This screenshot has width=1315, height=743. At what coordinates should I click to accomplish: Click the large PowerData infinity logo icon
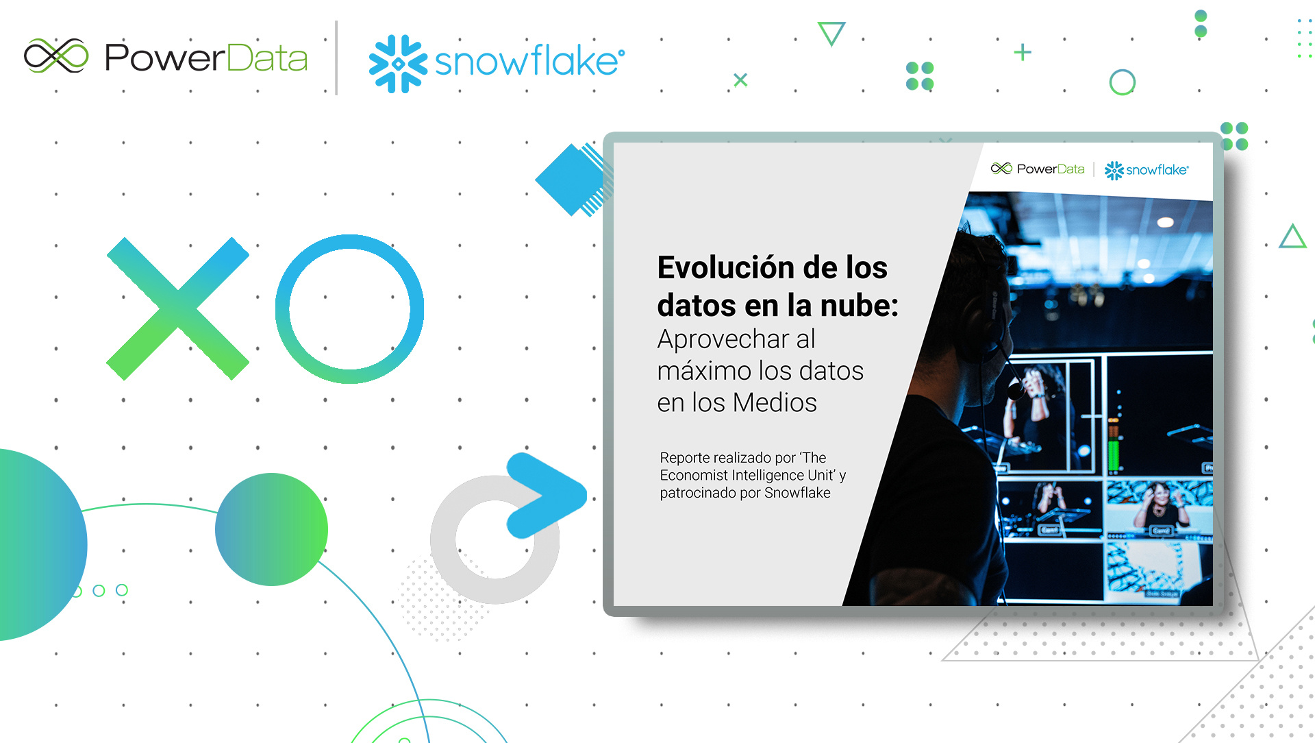(56, 56)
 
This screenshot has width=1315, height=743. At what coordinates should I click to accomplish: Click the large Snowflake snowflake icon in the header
(398, 64)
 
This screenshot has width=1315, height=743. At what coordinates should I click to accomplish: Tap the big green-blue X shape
(178, 308)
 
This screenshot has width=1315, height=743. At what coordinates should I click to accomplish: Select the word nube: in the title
(860, 306)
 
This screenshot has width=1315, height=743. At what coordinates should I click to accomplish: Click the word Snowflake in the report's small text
(797, 493)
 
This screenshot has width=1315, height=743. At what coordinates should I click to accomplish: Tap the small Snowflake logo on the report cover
(1147, 170)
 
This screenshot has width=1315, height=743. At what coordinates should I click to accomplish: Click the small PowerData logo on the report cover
(1038, 169)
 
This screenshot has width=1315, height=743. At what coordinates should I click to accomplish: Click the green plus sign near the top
(1023, 52)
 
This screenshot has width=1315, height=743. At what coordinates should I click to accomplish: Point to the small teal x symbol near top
(740, 80)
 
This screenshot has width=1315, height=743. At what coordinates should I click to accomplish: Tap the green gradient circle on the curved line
(271, 529)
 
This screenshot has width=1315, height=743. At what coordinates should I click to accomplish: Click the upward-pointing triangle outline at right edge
(1292, 236)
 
